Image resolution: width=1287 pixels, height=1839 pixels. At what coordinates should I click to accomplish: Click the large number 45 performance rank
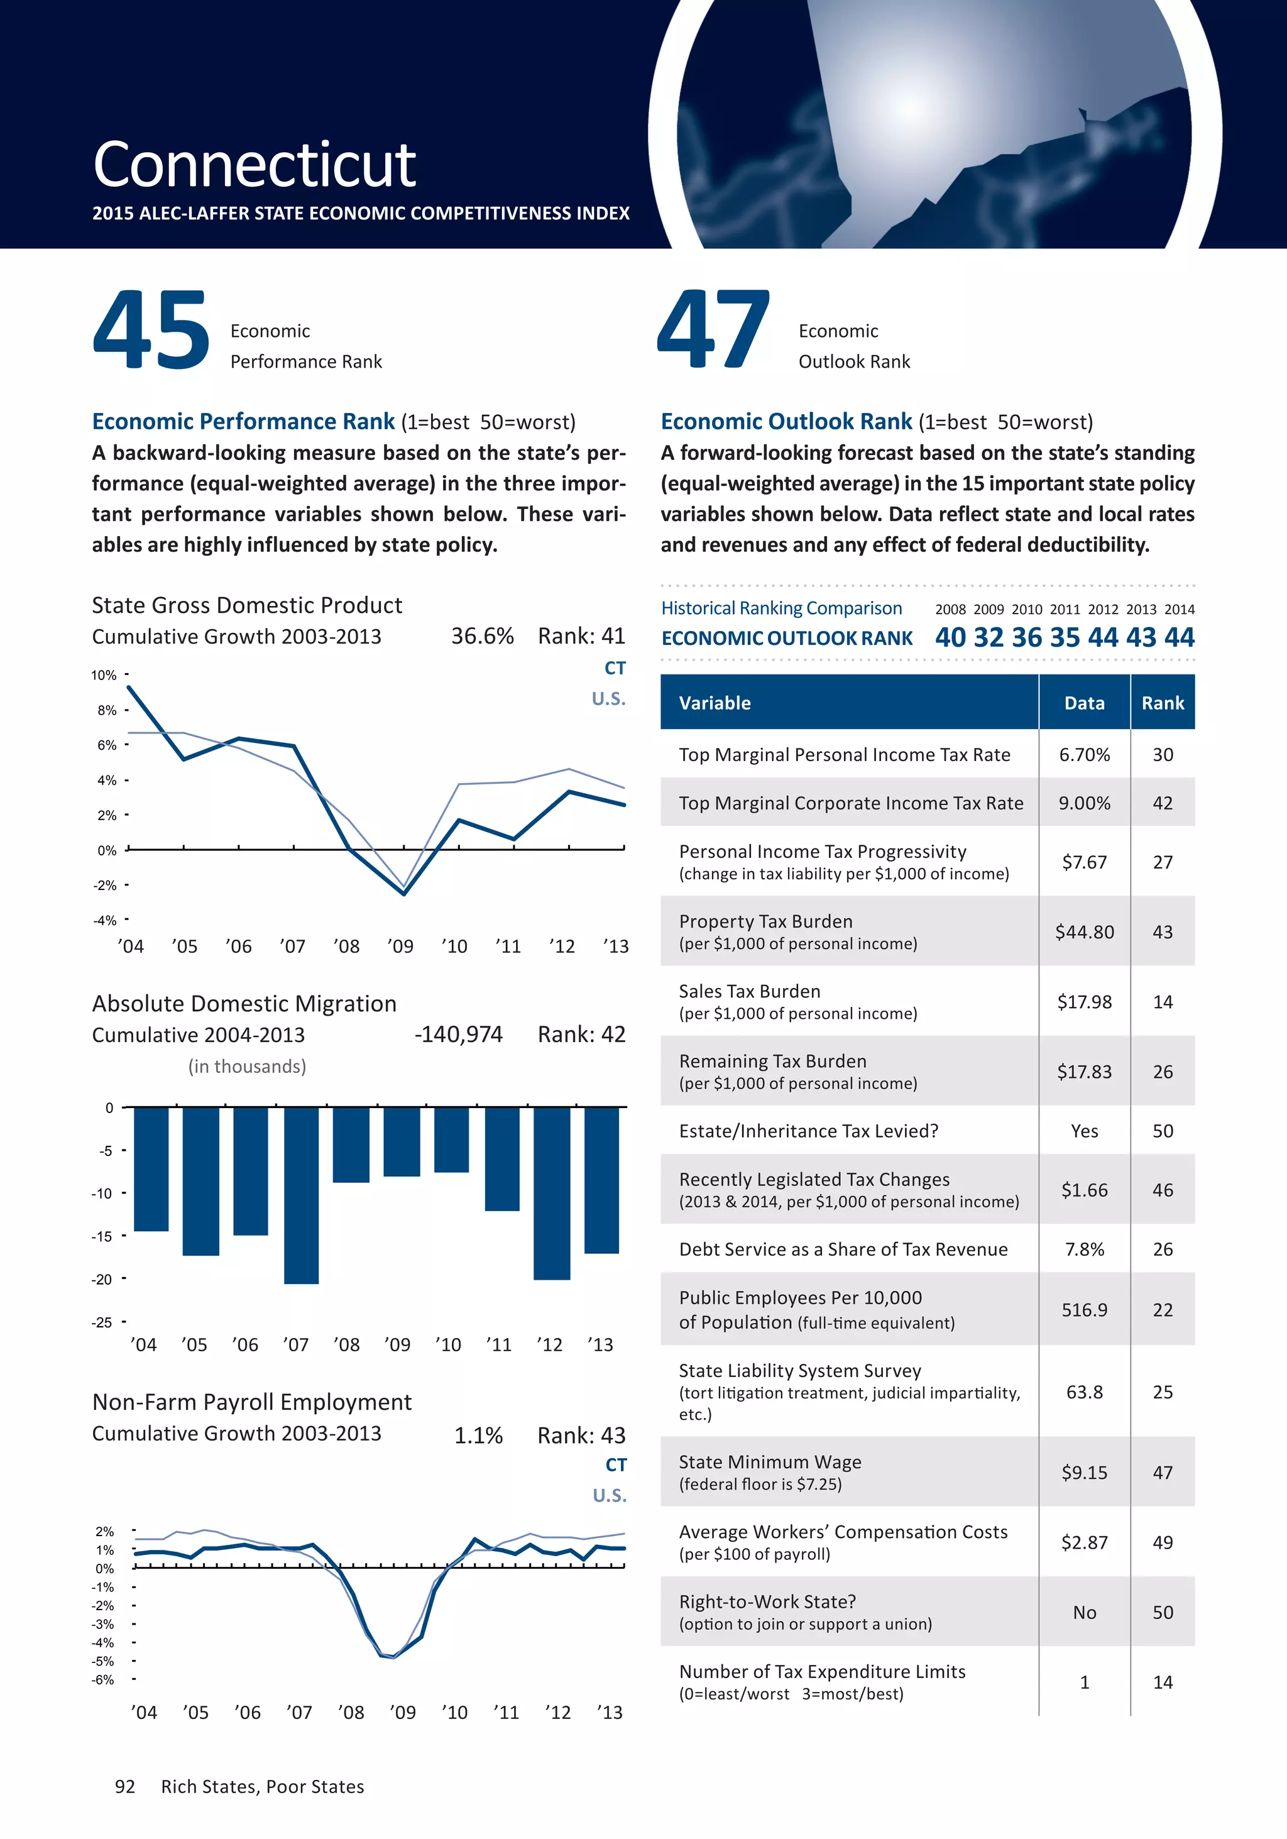pos(151,330)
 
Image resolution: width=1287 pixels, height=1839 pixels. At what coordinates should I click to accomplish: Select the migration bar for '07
pos(301,1195)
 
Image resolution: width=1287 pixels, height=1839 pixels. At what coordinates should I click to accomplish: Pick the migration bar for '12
pos(552,1193)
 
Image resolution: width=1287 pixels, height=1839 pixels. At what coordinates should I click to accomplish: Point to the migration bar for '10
pos(452,1139)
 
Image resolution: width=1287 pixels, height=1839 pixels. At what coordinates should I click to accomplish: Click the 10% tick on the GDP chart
pos(104,675)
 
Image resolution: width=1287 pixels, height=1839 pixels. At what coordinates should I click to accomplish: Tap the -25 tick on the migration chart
pos(102,1322)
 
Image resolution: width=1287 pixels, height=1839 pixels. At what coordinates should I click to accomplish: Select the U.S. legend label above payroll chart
pos(610,1495)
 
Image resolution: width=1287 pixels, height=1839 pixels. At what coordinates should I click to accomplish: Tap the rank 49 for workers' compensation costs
pos(1163,1542)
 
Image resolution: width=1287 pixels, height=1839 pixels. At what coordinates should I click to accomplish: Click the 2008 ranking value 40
pos(951,637)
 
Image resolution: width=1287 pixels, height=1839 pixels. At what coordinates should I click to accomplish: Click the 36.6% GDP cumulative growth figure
pos(482,636)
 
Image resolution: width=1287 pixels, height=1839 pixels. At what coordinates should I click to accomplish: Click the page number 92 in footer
pos(125,1786)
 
